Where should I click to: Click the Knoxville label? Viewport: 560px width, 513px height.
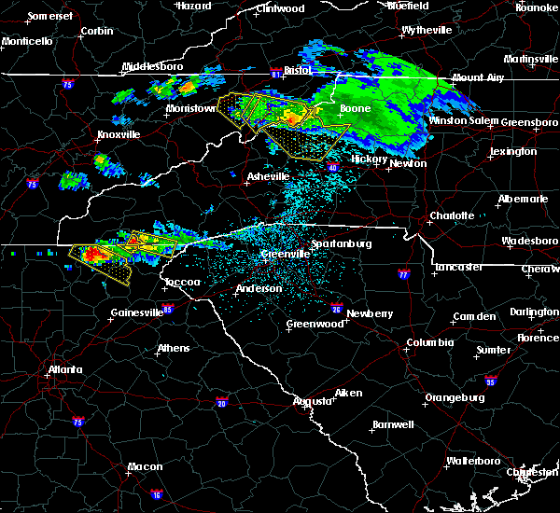coord(119,134)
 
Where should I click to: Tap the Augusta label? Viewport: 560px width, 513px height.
coord(312,401)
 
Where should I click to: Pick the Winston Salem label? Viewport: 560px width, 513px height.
coord(464,121)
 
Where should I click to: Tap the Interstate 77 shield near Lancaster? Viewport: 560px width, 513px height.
coord(403,276)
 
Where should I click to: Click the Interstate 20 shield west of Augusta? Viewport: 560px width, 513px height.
coord(221,403)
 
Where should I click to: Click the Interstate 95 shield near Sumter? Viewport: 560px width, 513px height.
coord(492,381)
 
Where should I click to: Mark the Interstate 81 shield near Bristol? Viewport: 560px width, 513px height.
coord(275,70)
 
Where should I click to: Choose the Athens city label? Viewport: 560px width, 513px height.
coord(174,349)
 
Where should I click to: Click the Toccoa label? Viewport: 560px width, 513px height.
coord(180,281)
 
